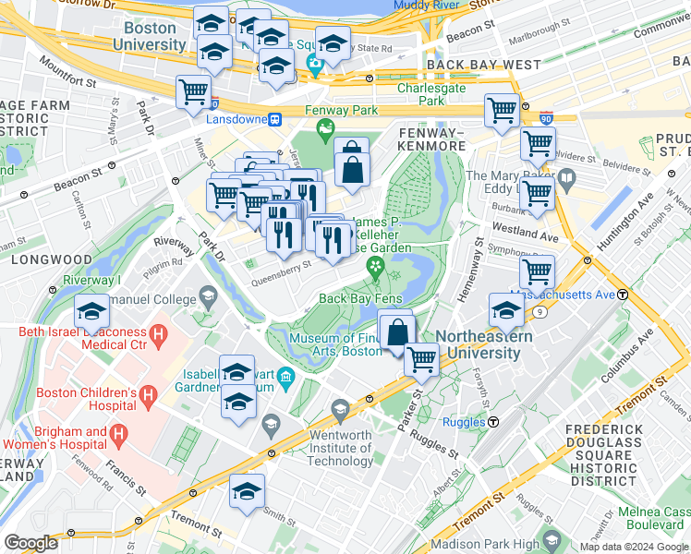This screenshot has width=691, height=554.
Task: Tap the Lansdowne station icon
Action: [274, 120]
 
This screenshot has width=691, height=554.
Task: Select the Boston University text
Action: [149, 36]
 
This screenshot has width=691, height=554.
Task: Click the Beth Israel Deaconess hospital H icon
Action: [159, 331]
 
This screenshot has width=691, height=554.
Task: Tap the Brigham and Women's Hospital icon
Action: [117, 432]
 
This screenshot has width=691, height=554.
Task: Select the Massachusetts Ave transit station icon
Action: [623, 295]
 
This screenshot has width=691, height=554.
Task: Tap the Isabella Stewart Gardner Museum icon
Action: [285, 376]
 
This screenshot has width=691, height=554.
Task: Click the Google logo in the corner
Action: [30, 543]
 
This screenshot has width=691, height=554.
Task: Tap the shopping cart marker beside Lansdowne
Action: [194, 91]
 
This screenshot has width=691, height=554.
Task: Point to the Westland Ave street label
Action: [526, 237]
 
